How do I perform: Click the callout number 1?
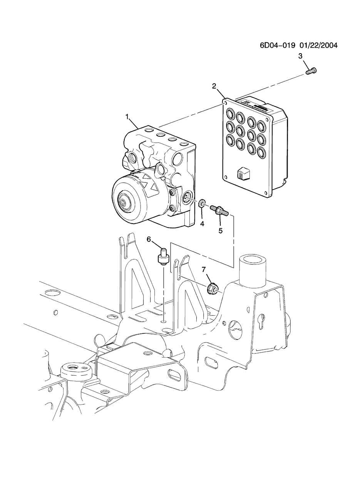coord(127,116)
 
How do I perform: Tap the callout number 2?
coord(214,86)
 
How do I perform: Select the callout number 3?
coord(300,56)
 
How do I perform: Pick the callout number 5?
coord(221,231)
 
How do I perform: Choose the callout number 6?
coord(149,239)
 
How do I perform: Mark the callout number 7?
coord(204,270)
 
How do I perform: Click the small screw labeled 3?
coord(311,71)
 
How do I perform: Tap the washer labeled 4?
coord(202,203)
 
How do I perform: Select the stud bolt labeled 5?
coord(219,210)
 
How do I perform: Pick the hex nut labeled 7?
coord(212,288)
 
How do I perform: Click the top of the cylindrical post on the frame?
coord(253,259)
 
